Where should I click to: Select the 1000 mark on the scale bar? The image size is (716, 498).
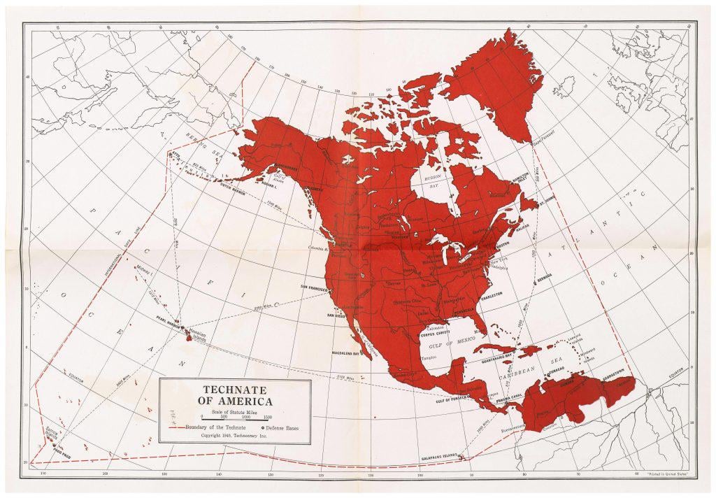click(247, 417)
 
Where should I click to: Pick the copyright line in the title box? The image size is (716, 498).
click(235, 435)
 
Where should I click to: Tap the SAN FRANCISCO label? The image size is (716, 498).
click(319, 287)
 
